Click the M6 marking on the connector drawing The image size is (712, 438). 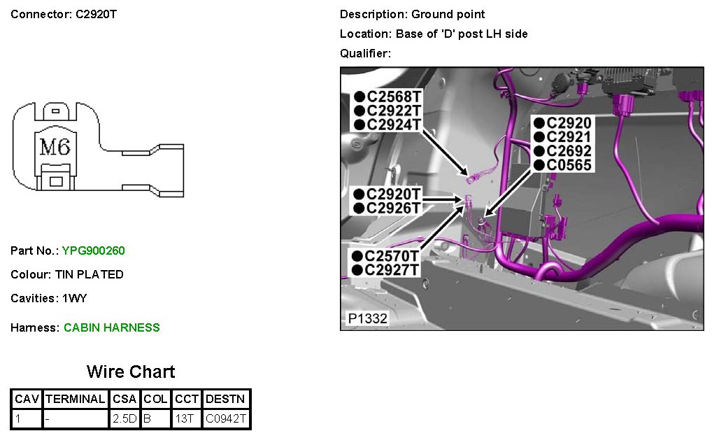[x=55, y=148]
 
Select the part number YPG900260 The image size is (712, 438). [x=94, y=250]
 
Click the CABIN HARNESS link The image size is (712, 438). [x=112, y=327]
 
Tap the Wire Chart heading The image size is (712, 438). [x=131, y=372]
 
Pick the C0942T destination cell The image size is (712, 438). [x=226, y=419]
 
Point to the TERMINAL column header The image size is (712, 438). [x=75, y=400]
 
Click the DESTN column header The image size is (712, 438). [x=226, y=400]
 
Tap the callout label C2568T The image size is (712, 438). [x=393, y=97]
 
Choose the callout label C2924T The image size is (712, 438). [x=393, y=125]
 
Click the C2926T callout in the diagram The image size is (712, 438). [x=393, y=208]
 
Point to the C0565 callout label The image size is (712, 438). [x=569, y=165]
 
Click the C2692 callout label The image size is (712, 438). [x=569, y=151]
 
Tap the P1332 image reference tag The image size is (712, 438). [x=368, y=319]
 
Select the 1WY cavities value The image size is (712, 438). [x=75, y=298]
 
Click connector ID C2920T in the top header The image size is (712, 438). [x=96, y=14]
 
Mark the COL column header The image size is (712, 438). [x=155, y=400]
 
